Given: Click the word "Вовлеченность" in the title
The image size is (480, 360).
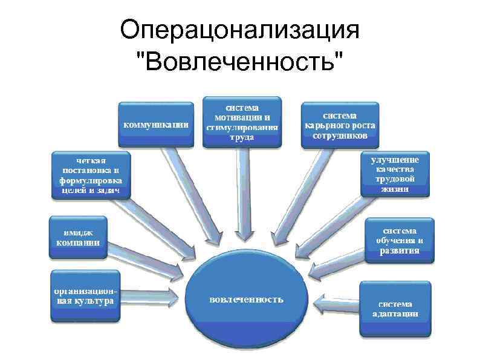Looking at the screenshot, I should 239,61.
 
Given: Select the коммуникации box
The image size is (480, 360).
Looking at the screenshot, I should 156,125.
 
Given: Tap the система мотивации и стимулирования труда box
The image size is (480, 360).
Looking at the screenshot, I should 242,121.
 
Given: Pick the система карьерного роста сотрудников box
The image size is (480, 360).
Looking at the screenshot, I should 340,125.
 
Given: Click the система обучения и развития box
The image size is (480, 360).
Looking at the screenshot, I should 398,241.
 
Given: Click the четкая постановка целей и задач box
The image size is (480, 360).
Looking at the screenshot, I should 89,174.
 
